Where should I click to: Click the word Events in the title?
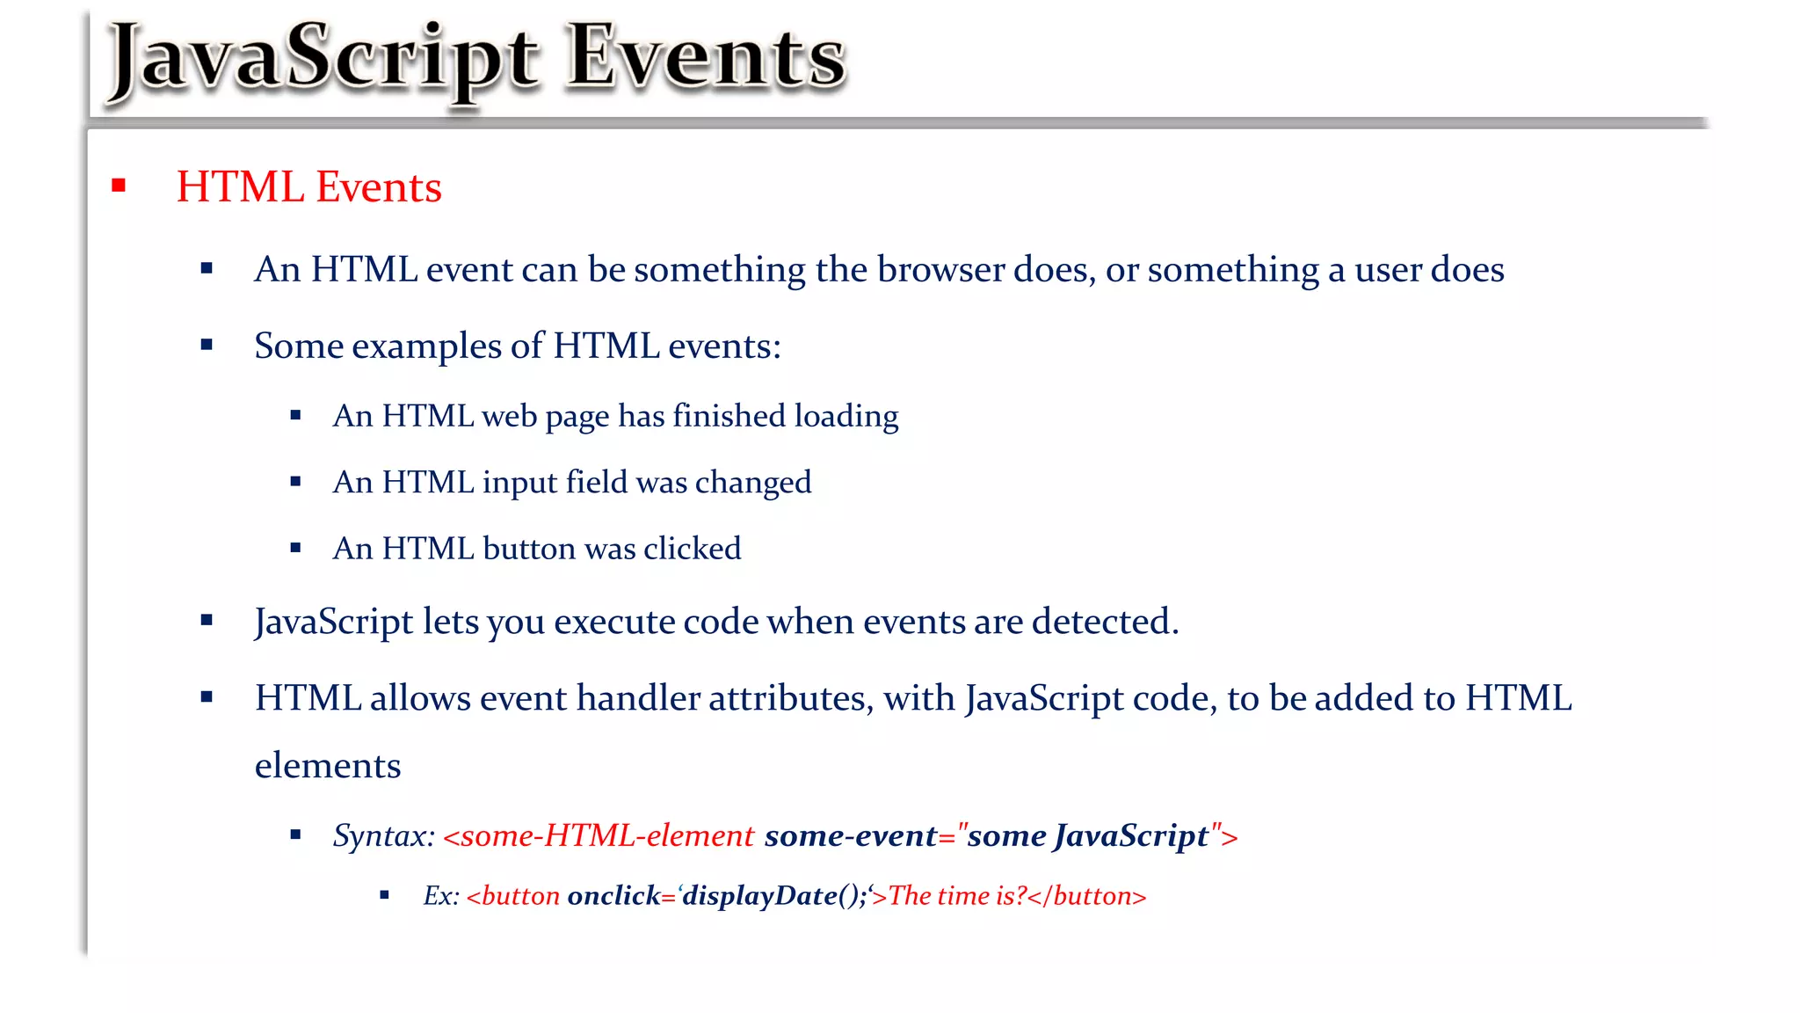tap(705, 58)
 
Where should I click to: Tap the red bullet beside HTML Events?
tap(119, 186)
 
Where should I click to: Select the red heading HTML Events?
tap(308, 187)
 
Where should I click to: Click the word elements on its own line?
tap(328, 766)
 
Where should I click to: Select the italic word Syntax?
tap(383, 835)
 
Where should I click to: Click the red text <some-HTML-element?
tap(599, 835)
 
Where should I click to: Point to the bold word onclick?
tap(613, 896)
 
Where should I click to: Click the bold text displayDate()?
tap(774, 896)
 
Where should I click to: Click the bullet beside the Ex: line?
tap(384, 895)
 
